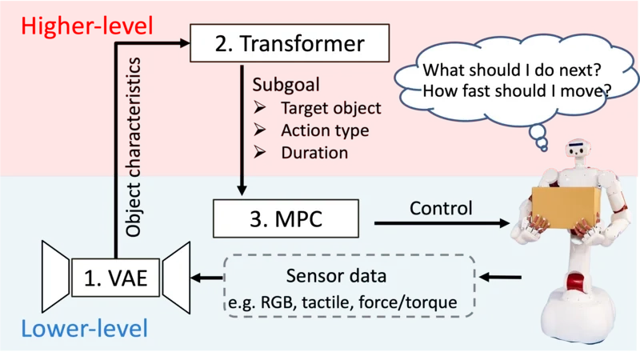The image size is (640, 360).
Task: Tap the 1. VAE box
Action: tap(116, 278)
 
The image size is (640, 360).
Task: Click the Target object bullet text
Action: tap(330, 108)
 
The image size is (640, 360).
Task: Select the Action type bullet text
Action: tap(324, 130)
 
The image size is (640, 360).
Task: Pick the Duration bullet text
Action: tap(314, 152)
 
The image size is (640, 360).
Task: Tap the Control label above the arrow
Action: tap(441, 208)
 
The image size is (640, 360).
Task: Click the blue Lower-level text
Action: tap(84, 329)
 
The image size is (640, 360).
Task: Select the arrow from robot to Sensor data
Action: tap(504, 278)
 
